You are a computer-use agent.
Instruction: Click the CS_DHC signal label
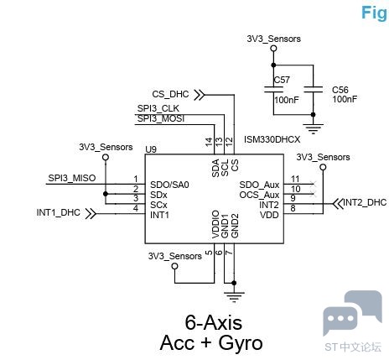coord(170,94)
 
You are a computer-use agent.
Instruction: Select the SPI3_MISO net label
coord(72,178)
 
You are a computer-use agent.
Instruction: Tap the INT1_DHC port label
coord(58,212)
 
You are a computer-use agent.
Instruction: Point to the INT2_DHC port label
coord(365,202)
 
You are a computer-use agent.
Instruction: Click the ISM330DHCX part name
coord(272,139)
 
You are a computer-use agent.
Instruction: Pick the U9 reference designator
coord(151,149)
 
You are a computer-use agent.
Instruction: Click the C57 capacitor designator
coord(282,80)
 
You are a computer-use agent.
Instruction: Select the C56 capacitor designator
coord(340,90)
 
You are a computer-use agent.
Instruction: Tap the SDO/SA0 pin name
coord(169,185)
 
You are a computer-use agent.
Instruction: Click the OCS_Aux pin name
coord(259,195)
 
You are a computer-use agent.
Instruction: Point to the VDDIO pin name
coord(215,225)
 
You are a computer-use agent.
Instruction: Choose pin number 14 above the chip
coord(209,142)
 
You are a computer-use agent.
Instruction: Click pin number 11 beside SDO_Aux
coord(295,179)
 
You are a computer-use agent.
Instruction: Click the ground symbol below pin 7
coord(234,297)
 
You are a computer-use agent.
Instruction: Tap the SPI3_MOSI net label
coord(161,118)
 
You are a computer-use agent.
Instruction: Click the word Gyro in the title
coord(241,342)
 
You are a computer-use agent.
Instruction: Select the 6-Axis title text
coord(214,322)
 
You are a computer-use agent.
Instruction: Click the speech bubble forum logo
coord(352,313)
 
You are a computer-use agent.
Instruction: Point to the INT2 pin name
coord(269,205)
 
